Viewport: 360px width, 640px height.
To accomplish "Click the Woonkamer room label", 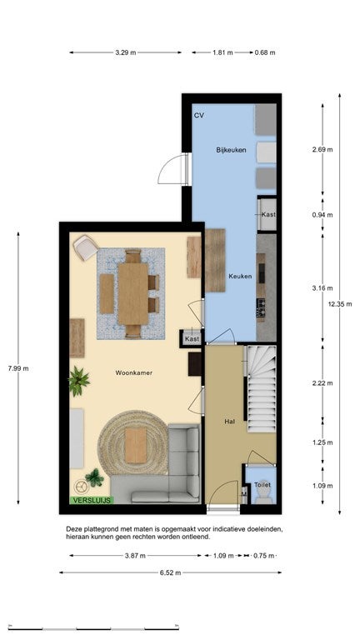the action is [x=133, y=372].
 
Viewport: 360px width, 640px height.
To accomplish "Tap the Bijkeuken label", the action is [x=231, y=150].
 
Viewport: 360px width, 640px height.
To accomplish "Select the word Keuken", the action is [x=240, y=277].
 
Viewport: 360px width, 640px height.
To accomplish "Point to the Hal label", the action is [x=229, y=422].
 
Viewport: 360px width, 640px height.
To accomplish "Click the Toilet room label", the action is [x=262, y=485].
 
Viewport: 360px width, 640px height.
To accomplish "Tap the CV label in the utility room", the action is [x=199, y=116].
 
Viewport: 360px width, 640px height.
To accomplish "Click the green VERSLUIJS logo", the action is [x=92, y=500].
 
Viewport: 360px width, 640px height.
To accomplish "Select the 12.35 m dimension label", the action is [x=340, y=304].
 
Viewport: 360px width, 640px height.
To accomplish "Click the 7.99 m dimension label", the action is [x=18, y=368].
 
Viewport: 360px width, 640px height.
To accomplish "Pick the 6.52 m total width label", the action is [x=171, y=572].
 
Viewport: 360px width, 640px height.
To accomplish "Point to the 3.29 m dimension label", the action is [x=125, y=52].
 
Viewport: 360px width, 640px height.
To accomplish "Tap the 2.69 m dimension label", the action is [x=322, y=149].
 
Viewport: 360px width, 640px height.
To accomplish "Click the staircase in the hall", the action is [x=262, y=389].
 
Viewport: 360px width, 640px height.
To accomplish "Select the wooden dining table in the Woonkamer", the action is [x=133, y=294].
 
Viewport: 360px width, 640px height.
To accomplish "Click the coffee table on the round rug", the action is [x=136, y=445].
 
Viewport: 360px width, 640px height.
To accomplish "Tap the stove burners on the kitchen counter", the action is [x=261, y=307].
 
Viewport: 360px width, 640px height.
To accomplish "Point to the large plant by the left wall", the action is [x=78, y=381].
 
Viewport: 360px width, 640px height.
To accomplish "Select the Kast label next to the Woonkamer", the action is [x=192, y=339].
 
